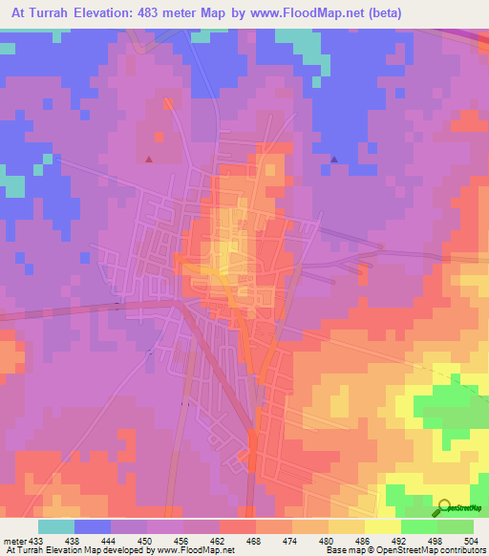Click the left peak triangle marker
148,160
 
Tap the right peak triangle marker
334,159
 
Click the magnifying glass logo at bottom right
443,508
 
